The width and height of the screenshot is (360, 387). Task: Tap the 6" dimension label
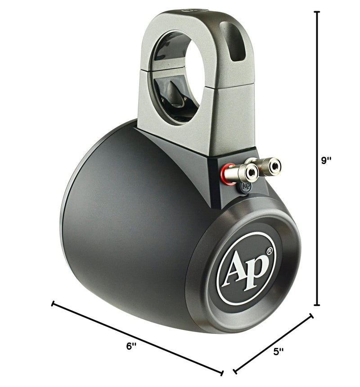pyautogui.click(x=131, y=346)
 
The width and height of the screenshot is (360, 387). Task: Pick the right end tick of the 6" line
pyautogui.click(x=222, y=372)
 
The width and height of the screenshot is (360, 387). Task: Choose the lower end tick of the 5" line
pyautogui.click(x=234, y=372)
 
